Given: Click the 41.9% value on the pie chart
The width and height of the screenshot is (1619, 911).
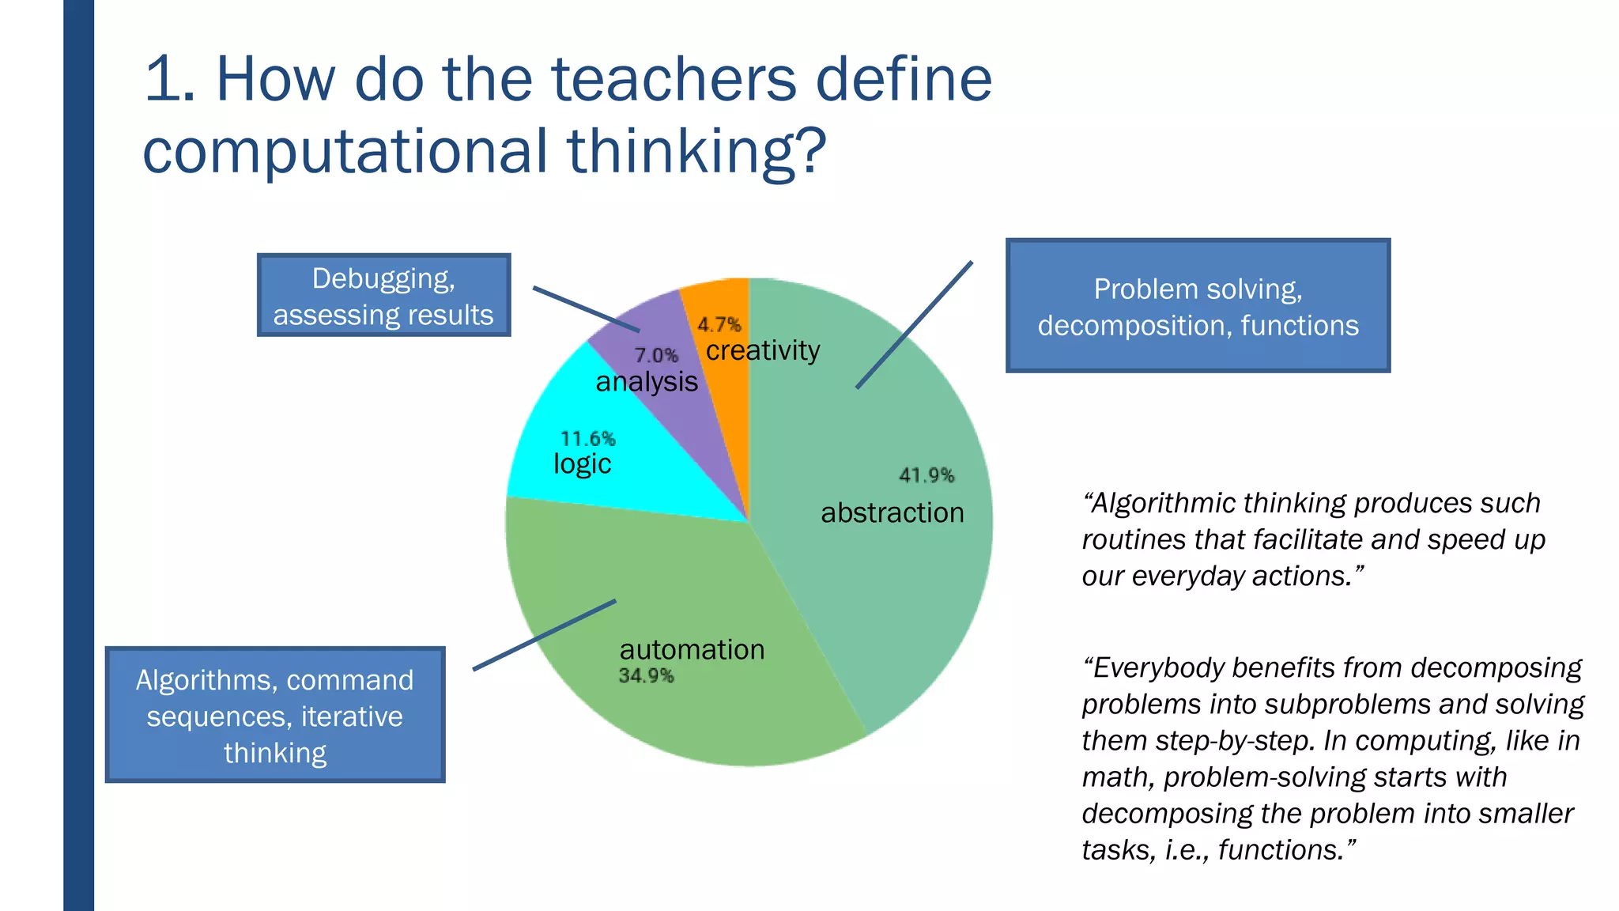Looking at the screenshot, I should pos(926,475).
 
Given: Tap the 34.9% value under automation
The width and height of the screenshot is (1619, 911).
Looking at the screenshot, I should pos(646,676).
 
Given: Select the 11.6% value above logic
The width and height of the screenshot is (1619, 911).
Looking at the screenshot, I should pos(587,439).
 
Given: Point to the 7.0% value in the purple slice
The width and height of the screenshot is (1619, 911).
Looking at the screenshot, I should pos(656,356).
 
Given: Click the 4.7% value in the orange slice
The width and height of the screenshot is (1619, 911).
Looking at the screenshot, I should pos(719,325).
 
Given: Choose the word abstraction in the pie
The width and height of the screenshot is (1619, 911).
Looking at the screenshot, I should pos(892,512).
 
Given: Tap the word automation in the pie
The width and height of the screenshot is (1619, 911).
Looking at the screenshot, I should pos(692,649).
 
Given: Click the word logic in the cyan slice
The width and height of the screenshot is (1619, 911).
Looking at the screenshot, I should pos(582,463).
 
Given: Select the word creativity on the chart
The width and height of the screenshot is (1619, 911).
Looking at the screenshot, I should pos(763,350).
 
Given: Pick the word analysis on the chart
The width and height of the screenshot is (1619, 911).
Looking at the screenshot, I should pos(647,382).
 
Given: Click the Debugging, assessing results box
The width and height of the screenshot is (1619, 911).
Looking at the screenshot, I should pos(383,296).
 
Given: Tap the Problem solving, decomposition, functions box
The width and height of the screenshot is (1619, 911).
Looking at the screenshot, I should pos(1198,306).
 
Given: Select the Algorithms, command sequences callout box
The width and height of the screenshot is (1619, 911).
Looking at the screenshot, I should pos(275,715).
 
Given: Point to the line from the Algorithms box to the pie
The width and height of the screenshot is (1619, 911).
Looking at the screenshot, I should pos(544,635).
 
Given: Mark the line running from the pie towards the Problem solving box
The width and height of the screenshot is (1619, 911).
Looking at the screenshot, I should pos(914,325).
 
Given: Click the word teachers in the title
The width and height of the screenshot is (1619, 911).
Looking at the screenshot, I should pos(674,79).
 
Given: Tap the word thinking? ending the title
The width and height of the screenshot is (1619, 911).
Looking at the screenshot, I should pos(696,150).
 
